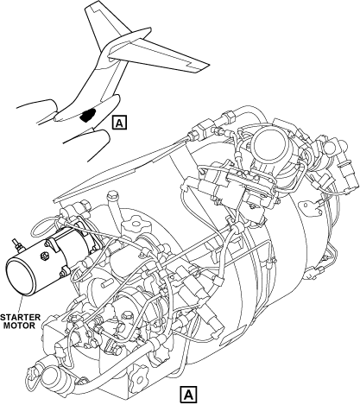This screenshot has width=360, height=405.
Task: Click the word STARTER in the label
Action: tap(20, 318)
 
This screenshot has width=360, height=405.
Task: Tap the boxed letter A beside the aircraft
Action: tap(119, 123)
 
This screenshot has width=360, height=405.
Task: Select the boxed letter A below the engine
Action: tap(188, 394)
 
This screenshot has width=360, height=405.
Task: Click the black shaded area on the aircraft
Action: tap(88, 115)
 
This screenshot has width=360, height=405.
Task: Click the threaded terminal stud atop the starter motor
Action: tap(16, 244)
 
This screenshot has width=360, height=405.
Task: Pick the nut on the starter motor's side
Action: tap(44, 256)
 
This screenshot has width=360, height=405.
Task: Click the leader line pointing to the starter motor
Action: tap(20, 303)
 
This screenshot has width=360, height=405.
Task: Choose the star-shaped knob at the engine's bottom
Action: tap(139, 375)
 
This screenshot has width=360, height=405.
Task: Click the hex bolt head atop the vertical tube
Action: tap(112, 195)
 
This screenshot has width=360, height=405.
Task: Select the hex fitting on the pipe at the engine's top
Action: tap(230, 117)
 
